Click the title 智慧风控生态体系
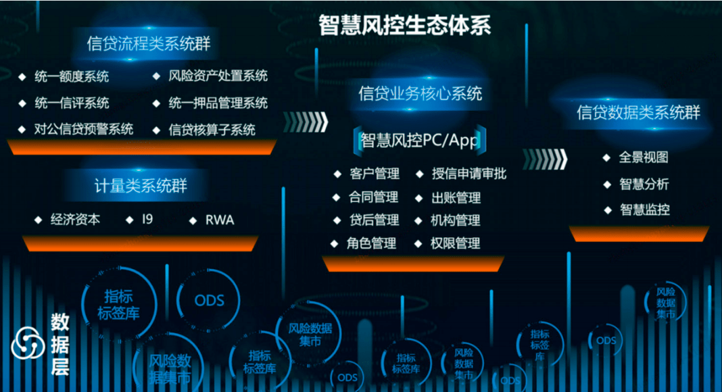[x=405, y=25]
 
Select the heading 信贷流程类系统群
[x=149, y=45]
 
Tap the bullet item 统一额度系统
[x=72, y=76]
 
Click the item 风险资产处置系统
[x=218, y=76]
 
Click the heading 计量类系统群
[x=141, y=185]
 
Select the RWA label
[x=220, y=220]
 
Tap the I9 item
[x=147, y=220]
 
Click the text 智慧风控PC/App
[x=420, y=140]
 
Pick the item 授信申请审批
[x=468, y=174]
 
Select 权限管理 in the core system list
[x=455, y=243]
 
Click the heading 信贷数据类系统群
[x=638, y=112]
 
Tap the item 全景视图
[x=644, y=157]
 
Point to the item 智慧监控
[x=644, y=210]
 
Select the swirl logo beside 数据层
[x=28, y=343]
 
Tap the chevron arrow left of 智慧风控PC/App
[x=305, y=122]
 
